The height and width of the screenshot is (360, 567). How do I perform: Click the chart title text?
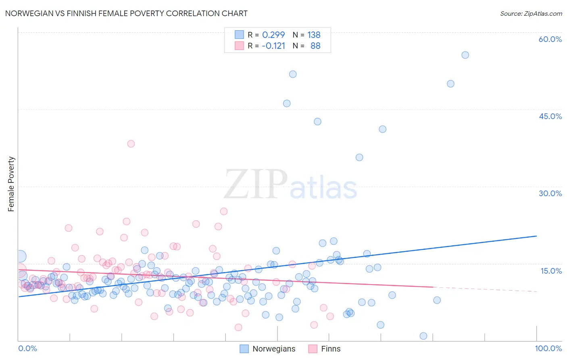[x=126, y=13]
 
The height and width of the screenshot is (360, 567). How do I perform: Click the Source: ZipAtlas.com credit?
[x=531, y=13]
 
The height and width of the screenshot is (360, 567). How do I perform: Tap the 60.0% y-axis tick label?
[x=550, y=39]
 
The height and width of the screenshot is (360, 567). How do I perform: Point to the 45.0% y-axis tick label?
[x=550, y=116]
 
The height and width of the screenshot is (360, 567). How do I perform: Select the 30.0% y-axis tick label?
[x=550, y=193]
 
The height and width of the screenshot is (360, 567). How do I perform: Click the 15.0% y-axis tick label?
[x=550, y=270]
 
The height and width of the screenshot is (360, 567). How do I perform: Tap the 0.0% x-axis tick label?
[x=27, y=348]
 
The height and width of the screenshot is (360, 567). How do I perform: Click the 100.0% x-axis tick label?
[x=548, y=348]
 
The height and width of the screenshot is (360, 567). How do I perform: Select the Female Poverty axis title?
[x=11, y=184]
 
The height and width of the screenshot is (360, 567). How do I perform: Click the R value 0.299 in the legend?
[x=273, y=35]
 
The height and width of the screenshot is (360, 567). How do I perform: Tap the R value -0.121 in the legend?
[x=273, y=46]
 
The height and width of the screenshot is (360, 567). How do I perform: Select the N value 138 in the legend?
[x=314, y=35]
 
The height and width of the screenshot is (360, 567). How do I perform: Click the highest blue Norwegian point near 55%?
[x=465, y=55]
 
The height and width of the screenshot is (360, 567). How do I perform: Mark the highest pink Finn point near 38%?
[x=131, y=144]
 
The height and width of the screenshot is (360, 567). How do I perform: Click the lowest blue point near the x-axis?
[x=423, y=336]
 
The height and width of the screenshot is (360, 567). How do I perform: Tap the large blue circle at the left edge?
[x=20, y=256]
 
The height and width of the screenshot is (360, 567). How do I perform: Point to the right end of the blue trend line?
[x=536, y=236]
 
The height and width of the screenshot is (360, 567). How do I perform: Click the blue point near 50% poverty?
[x=450, y=84]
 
